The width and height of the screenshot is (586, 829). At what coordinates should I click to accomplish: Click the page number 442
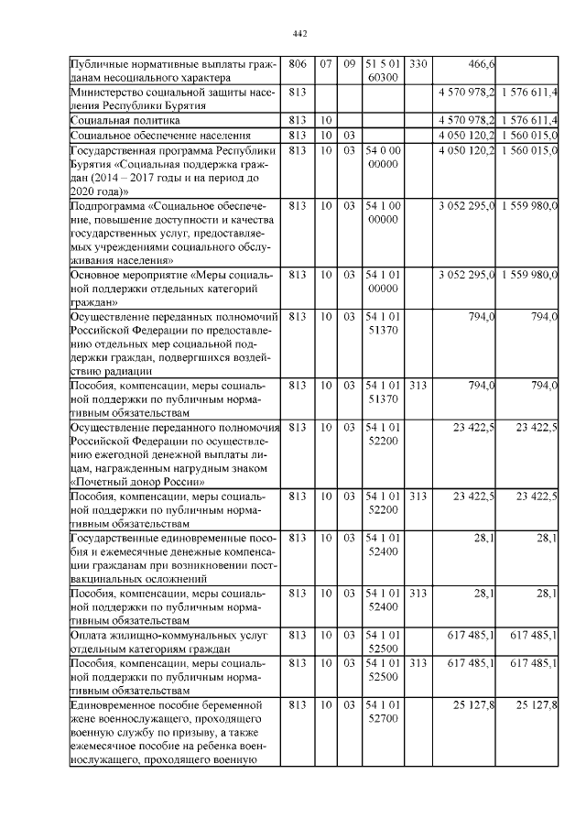[x=298, y=34]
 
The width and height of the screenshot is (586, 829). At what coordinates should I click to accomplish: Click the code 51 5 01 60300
[x=382, y=71]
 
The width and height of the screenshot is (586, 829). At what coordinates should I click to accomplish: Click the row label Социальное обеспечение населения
[x=144, y=136]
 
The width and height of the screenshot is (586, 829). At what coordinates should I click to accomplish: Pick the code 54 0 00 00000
[x=382, y=157]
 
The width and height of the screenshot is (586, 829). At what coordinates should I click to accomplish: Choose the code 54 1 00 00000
[x=382, y=213]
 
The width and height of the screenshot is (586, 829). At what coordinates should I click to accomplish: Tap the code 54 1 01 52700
[x=382, y=712]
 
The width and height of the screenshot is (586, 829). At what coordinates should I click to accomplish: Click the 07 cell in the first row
[x=326, y=64]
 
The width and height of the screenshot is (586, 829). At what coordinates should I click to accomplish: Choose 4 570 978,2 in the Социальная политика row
[x=467, y=121]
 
